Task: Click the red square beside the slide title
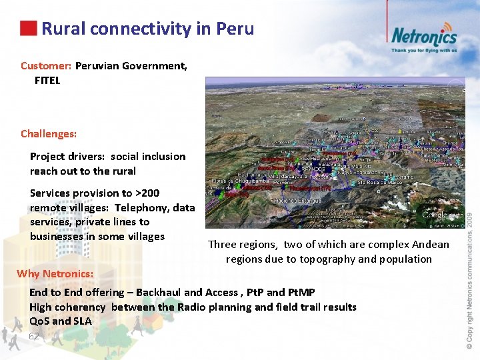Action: click(x=28, y=28)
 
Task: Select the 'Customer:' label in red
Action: click(x=46, y=66)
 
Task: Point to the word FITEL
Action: click(x=47, y=81)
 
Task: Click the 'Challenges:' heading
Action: click(x=49, y=133)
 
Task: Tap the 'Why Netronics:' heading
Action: click(x=55, y=274)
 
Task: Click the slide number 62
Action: click(x=35, y=337)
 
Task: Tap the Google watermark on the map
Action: click(x=442, y=215)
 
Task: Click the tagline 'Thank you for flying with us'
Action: click(x=424, y=50)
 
